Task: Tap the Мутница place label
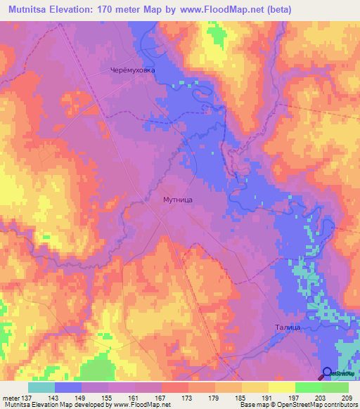tap(173, 200)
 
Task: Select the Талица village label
tap(284, 327)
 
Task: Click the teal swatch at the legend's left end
tap(41, 387)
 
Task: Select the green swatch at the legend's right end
tap(335, 387)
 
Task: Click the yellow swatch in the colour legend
tap(281, 387)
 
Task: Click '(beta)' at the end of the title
tap(277, 9)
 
